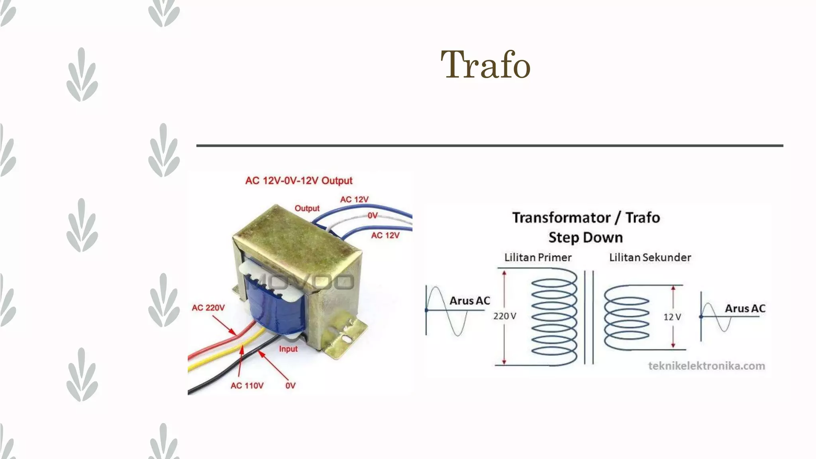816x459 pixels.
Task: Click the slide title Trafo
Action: pyautogui.click(x=485, y=65)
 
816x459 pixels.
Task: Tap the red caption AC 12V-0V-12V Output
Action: pyautogui.click(x=299, y=181)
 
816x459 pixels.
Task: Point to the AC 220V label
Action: pyautogui.click(x=208, y=308)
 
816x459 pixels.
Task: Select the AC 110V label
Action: pyautogui.click(x=247, y=386)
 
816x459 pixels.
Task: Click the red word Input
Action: pyautogui.click(x=288, y=349)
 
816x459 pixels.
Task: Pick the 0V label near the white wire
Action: pyautogui.click(x=373, y=216)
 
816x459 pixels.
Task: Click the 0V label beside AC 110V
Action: pyautogui.click(x=290, y=386)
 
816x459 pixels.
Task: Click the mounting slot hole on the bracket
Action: pyautogui.click(x=346, y=339)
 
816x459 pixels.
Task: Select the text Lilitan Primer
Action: pyautogui.click(x=538, y=257)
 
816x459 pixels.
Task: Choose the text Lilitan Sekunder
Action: pyautogui.click(x=650, y=257)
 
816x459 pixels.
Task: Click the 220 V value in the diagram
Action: pyautogui.click(x=504, y=316)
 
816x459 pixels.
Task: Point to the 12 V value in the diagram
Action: pyautogui.click(x=672, y=317)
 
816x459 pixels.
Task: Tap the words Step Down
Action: pyautogui.click(x=585, y=237)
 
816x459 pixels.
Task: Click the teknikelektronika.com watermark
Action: pyautogui.click(x=706, y=366)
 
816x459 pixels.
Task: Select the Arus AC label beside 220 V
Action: pyautogui.click(x=470, y=301)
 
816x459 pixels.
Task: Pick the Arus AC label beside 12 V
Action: pyautogui.click(x=745, y=308)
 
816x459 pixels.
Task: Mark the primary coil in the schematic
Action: pyautogui.click(x=554, y=317)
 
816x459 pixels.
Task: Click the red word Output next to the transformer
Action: pyautogui.click(x=307, y=208)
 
